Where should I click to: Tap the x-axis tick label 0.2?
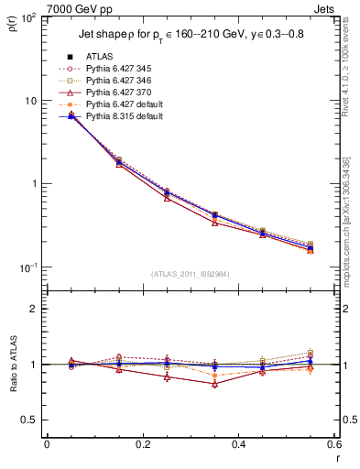142,444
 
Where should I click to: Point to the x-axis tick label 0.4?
237,444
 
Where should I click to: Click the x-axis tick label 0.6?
333,444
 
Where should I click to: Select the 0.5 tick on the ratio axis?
33,420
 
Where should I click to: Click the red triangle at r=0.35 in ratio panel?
214,384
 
